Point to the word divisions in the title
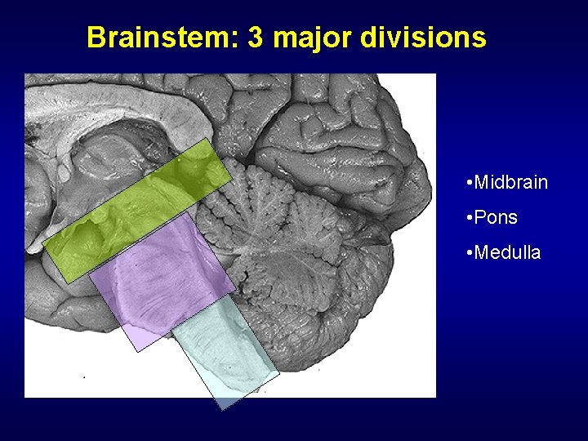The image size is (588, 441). pos(422,38)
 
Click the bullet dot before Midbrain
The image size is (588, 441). pos(464,183)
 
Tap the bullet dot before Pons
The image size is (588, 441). pos(464,219)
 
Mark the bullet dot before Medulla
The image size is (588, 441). pos(464,254)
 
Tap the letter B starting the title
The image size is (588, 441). pos(96,38)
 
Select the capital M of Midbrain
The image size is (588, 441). pos(481,182)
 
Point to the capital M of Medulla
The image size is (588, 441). pos(481,253)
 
